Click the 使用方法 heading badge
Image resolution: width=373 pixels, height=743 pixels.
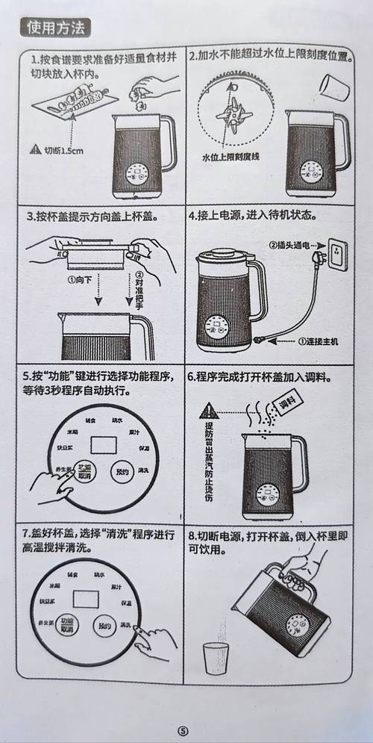pos(56,27)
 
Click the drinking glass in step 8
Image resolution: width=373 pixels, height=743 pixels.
pos(216,657)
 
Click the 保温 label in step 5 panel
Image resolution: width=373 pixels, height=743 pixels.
pos(145,448)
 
